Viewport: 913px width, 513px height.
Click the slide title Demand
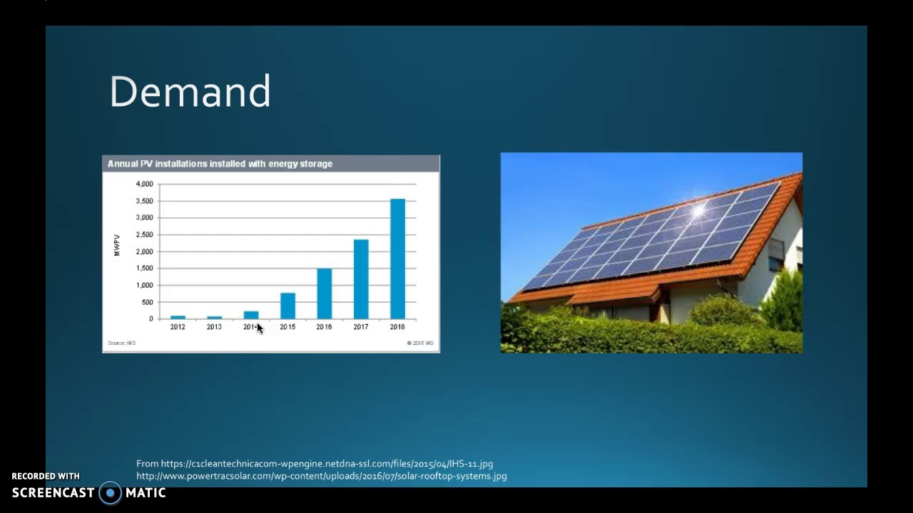tap(190, 92)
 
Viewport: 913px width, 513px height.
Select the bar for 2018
tap(397, 259)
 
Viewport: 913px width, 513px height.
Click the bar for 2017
tap(361, 279)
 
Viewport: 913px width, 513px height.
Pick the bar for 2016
tap(324, 294)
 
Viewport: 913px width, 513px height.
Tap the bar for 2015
tap(287, 306)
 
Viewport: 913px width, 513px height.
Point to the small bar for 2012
tap(178, 317)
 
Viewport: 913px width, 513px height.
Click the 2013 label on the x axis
tap(214, 327)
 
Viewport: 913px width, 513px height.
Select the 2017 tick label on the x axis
tap(361, 327)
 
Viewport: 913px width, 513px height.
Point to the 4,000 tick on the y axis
tap(144, 184)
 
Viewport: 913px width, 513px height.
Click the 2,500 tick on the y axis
tap(144, 234)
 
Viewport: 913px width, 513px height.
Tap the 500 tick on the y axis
tap(147, 302)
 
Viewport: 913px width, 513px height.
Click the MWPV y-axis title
tap(117, 245)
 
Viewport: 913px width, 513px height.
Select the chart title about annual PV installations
tap(220, 164)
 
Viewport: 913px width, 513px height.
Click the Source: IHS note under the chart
tap(121, 343)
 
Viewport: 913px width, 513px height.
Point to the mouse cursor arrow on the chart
tap(259, 327)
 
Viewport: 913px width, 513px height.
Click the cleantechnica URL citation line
tap(315, 464)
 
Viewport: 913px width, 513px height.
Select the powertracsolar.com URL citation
tap(321, 476)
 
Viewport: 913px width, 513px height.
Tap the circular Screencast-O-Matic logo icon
tap(110, 493)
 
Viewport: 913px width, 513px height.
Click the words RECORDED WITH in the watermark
tap(46, 476)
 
